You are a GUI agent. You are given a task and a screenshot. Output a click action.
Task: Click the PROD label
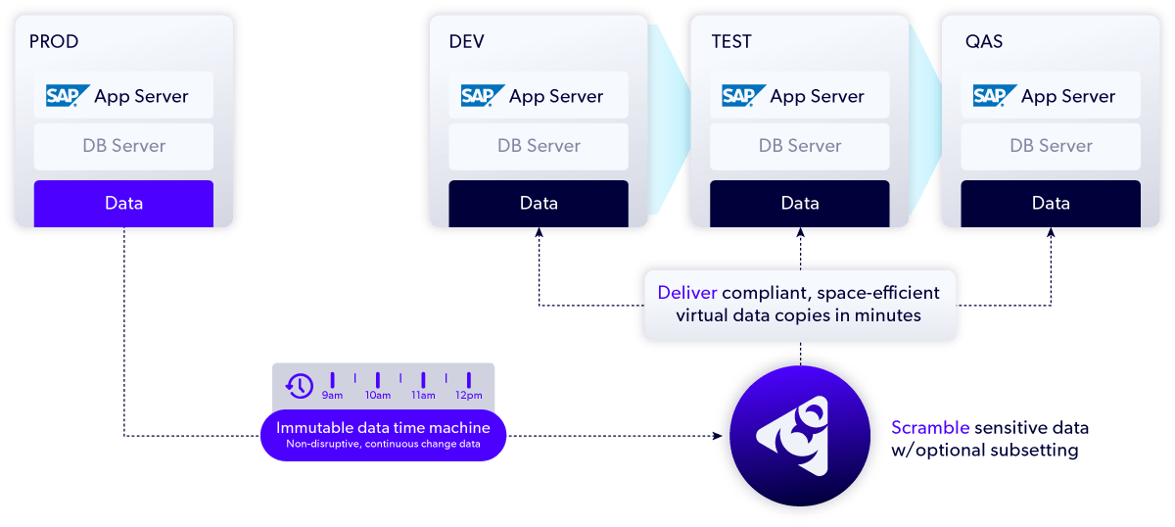54,42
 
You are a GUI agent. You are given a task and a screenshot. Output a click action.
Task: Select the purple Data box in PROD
123,204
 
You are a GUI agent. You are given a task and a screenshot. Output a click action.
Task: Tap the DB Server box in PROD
123,146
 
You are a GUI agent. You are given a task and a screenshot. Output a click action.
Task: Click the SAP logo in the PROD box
68,96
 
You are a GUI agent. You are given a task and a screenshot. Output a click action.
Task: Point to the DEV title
466,42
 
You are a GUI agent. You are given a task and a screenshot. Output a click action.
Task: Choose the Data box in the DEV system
539,204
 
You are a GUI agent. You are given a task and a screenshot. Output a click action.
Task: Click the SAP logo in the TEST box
744,96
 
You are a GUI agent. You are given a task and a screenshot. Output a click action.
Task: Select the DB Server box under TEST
800,146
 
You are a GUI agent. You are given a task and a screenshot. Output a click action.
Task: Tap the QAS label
982,42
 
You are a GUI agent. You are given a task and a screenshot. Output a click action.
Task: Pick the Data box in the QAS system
1051,204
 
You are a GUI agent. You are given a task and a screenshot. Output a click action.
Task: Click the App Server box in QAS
1051,96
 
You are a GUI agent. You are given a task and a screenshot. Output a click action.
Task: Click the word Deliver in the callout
686,293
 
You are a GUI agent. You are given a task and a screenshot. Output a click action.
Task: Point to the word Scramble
930,428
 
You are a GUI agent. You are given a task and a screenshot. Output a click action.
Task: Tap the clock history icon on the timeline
299,385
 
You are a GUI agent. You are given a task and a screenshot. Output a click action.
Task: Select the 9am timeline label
332,396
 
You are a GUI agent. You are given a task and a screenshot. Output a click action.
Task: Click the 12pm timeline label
469,396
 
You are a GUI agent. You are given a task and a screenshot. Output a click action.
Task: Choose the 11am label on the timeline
423,396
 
